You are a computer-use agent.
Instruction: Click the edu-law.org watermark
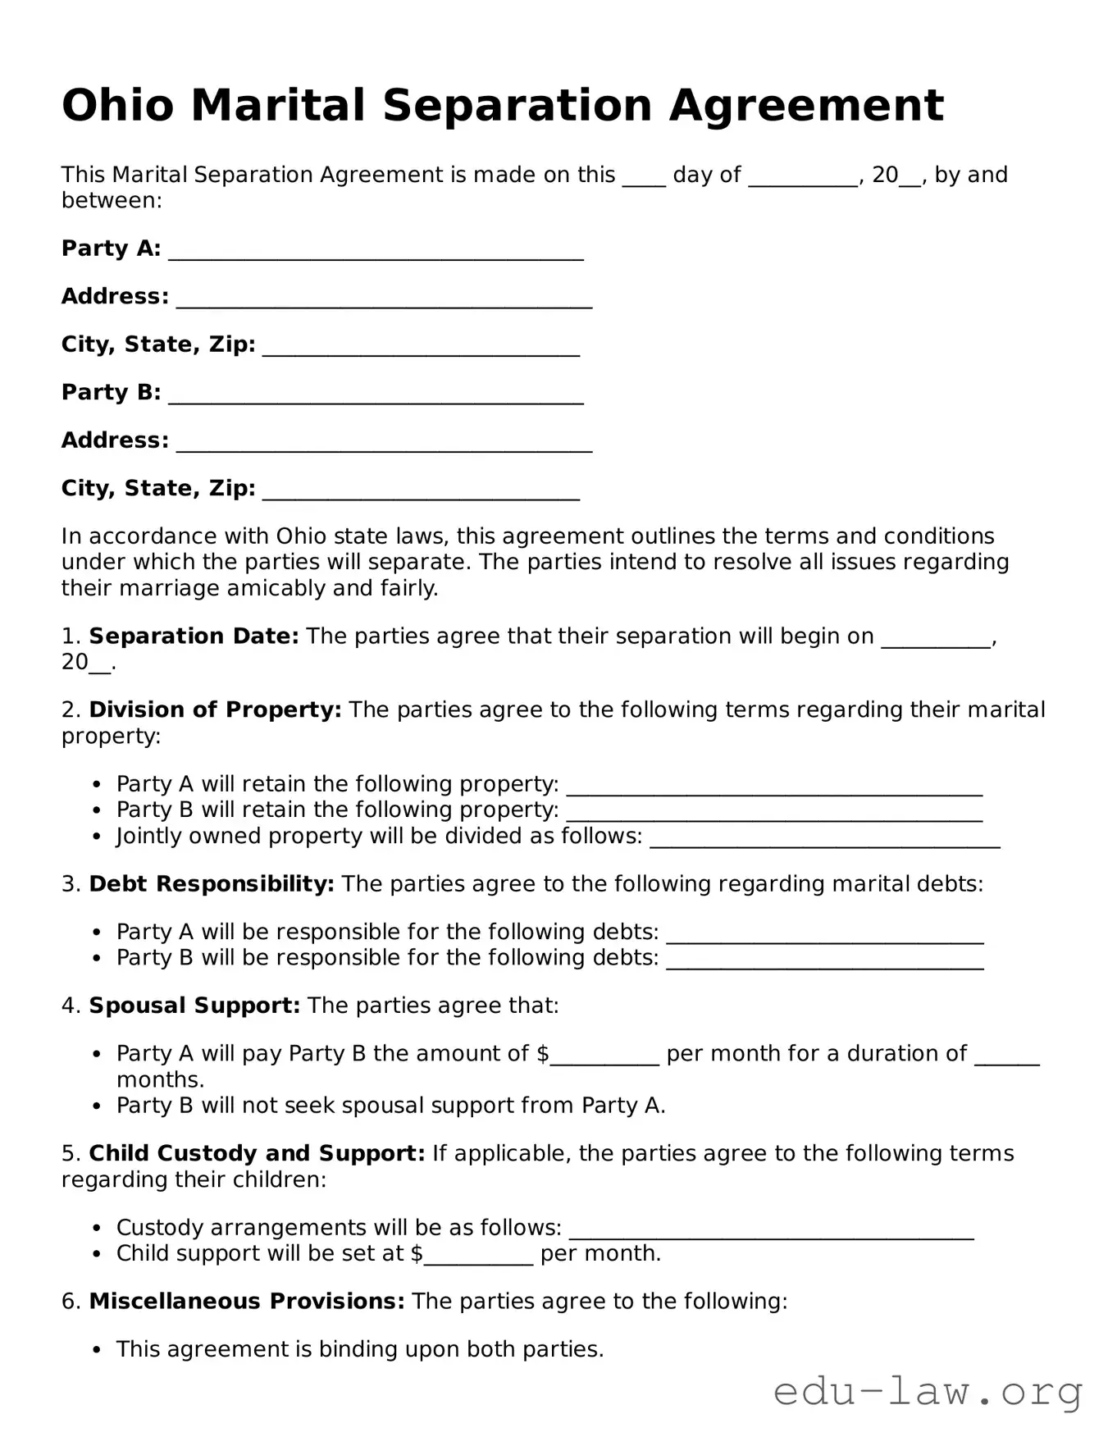click(928, 1392)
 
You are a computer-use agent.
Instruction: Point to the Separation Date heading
click(194, 636)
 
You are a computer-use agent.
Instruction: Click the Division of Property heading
click(215, 709)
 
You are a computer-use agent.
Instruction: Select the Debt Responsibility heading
click(212, 884)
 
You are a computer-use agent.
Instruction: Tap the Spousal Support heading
click(194, 1006)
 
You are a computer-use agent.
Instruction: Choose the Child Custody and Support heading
click(257, 1153)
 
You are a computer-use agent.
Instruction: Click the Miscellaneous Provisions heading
click(247, 1301)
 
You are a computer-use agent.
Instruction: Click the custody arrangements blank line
click(771, 1232)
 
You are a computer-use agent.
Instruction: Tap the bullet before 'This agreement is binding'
click(97, 1349)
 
